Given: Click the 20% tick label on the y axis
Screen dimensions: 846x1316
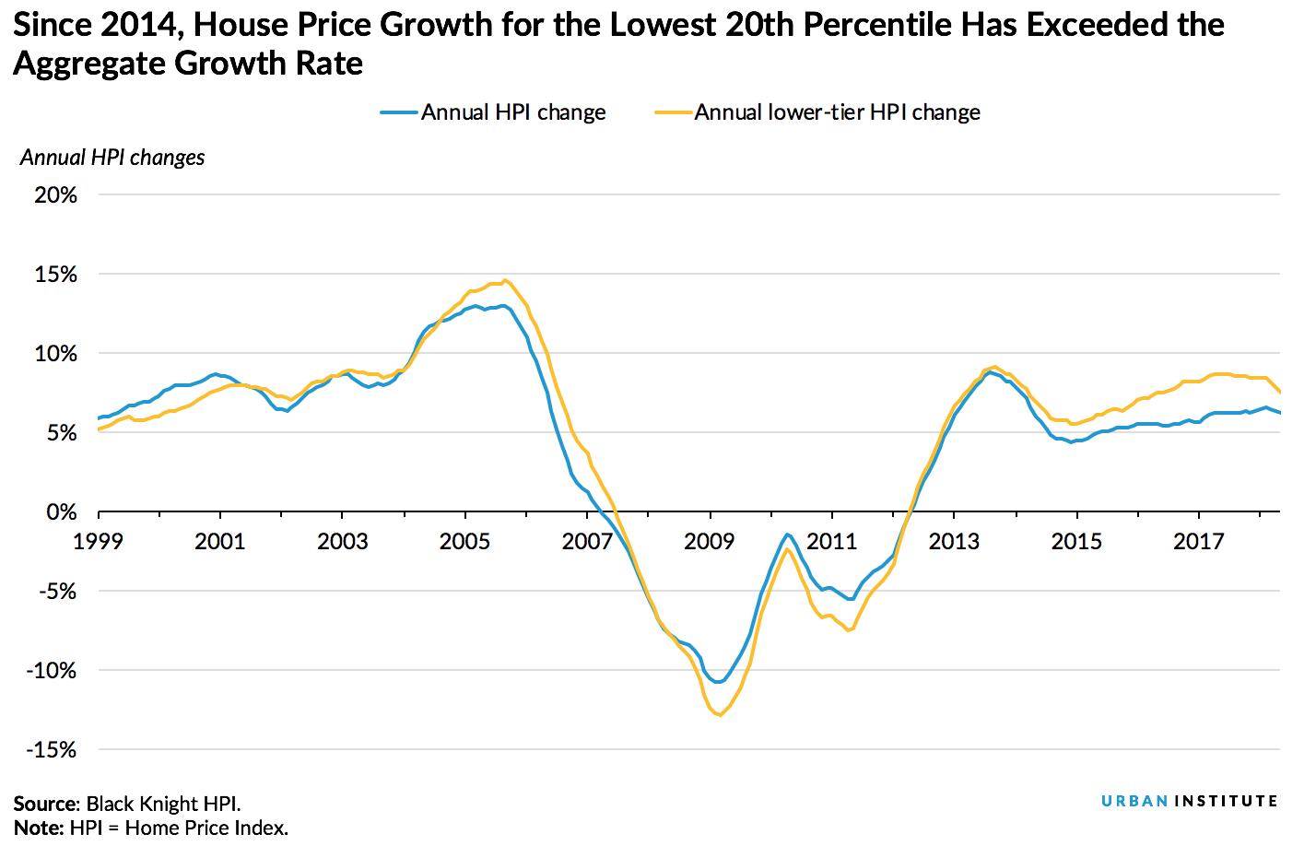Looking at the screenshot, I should [55, 195].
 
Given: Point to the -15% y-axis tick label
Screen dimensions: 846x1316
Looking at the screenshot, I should [52, 750].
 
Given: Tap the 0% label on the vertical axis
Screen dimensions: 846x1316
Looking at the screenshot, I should [61, 512].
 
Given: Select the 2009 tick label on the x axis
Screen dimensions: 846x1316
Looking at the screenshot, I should [709, 541].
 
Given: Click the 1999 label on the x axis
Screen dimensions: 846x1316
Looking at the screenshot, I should [98, 541].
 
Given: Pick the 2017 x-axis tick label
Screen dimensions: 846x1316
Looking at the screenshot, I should [1198, 541].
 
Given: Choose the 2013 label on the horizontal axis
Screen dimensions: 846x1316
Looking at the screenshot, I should [954, 541].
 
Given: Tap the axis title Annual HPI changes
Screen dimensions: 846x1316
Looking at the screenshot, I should [112, 158].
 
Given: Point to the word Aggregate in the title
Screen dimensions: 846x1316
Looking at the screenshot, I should [89, 64].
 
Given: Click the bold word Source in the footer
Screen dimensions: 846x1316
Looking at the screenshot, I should [46, 804].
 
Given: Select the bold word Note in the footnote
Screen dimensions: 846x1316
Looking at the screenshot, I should [38, 828].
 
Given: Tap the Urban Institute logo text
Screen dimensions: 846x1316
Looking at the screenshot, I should [1189, 801].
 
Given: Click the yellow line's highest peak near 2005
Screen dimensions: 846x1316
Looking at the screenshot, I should [505, 280].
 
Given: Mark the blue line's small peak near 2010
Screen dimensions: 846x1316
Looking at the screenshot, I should [788, 534].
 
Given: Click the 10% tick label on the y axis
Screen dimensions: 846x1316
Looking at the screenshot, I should [55, 354].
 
